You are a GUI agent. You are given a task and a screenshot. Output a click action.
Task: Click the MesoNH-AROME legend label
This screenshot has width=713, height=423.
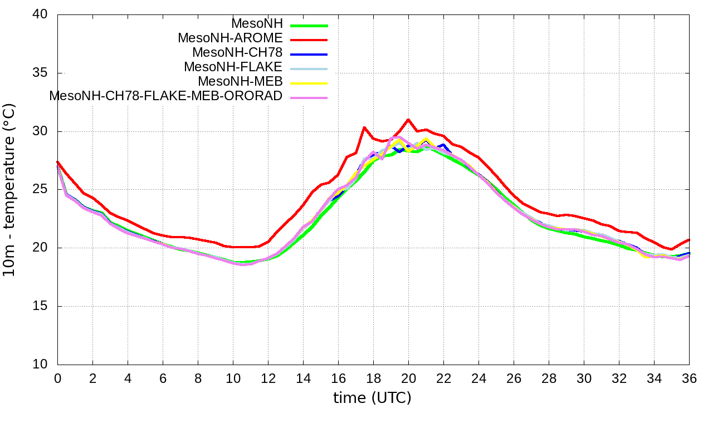tap(230, 38)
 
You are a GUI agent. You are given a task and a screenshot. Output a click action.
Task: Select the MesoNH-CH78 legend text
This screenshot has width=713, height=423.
tap(237, 53)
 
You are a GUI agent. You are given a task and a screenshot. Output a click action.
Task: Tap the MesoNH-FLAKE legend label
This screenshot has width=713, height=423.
tap(233, 67)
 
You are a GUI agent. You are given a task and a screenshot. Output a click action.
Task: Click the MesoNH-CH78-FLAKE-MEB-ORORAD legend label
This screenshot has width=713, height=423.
tap(166, 96)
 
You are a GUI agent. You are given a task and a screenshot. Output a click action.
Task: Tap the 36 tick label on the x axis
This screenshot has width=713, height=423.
tap(689, 378)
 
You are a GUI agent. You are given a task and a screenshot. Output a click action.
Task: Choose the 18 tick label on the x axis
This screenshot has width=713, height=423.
tap(373, 378)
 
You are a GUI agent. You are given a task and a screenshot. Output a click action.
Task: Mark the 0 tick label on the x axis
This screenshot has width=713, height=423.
tap(57, 378)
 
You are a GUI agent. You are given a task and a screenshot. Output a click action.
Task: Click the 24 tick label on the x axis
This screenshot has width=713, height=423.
tap(478, 378)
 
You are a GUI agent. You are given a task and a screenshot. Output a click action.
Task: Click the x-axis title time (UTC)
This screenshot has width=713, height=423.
tap(372, 398)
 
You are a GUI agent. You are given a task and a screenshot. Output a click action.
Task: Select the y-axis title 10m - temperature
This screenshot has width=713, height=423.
tap(12, 189)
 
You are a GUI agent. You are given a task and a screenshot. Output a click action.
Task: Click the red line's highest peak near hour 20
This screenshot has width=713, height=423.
tap(408, 120)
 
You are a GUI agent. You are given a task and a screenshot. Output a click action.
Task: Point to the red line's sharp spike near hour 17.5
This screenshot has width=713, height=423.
tap(364, 127)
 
